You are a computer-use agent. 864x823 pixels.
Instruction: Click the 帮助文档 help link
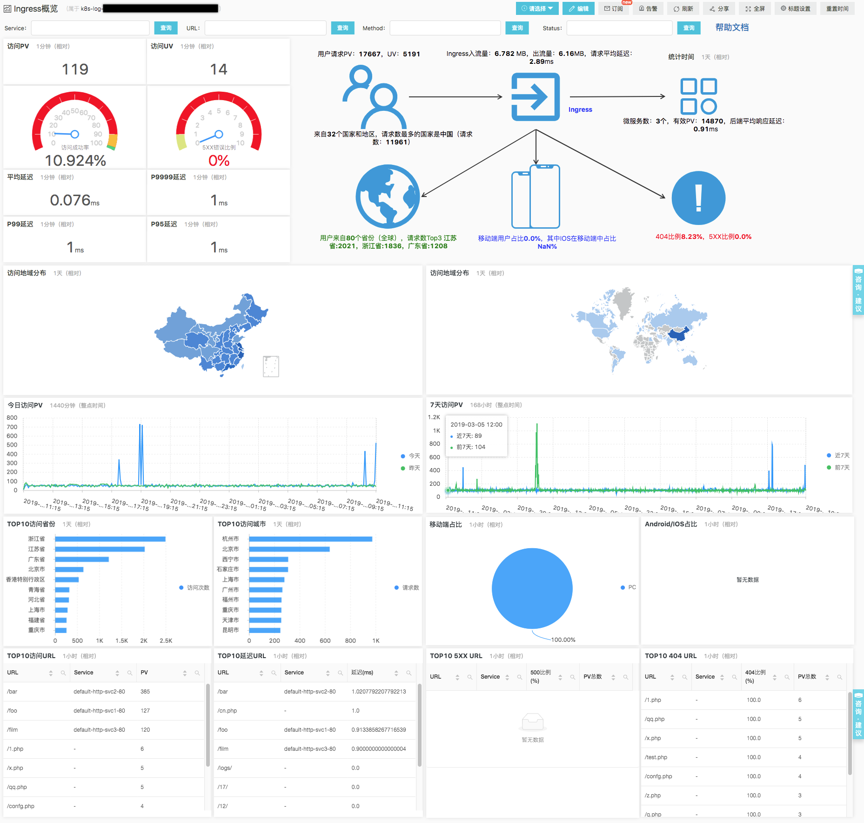(732, 27)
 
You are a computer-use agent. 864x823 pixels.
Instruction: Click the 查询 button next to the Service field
(166, 28)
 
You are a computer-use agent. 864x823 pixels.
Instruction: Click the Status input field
(619, 28)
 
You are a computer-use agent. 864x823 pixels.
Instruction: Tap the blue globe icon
(388, 197)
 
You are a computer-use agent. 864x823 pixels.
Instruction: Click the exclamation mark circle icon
(698, 198)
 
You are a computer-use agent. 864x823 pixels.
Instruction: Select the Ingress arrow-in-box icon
(536, 97)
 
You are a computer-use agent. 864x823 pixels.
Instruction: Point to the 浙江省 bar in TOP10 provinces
(110, 539)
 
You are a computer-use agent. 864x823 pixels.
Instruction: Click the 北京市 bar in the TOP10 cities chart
(289, 549)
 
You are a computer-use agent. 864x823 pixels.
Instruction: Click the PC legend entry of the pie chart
(629, 587)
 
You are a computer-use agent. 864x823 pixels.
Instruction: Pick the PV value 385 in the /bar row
(145, 692)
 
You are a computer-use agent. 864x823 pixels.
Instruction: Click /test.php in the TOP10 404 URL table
(656, 757)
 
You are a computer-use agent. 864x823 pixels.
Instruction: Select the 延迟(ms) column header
(362, 673)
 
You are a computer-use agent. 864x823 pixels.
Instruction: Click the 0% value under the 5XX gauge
(219, 161)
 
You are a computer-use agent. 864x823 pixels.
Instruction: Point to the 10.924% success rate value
(75, 161)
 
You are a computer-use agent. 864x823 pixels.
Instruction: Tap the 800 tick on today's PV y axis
(12, 418)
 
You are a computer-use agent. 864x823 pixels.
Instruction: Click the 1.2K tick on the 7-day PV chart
(434, 417)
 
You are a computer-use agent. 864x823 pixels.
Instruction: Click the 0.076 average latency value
(70, 200)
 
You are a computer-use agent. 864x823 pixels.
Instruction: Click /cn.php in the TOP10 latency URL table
(228, 711)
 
